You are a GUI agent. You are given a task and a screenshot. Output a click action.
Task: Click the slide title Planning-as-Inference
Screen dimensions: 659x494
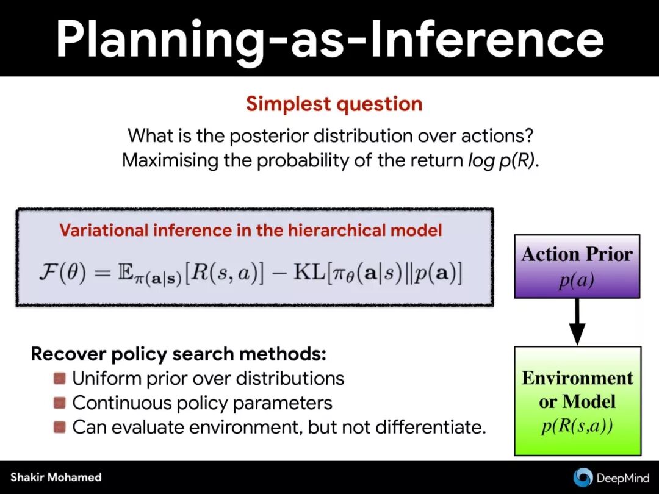click(330, 39)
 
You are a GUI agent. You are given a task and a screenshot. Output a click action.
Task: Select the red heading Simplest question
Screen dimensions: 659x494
click(334, 104)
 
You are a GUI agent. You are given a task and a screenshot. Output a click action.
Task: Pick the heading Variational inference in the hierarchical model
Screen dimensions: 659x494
click(251, 230)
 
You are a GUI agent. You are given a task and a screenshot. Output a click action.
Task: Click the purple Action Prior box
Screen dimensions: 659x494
click(577, 267)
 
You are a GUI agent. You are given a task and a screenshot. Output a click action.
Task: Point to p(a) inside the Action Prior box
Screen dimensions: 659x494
click(577, 280)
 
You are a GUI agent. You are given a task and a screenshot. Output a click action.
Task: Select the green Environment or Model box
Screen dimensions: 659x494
click(578, 401)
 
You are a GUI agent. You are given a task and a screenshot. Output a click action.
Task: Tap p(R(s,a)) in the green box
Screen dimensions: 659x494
click(577, 426)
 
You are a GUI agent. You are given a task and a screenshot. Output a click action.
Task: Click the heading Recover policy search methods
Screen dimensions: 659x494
click(179, 354)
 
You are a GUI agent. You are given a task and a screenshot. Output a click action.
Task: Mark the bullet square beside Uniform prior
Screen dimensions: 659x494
click(60, 379)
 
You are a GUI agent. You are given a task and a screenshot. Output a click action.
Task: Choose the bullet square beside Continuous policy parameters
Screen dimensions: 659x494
click(60, 403)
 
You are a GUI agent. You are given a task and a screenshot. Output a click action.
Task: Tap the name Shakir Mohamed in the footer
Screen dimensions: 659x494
click(56, 477)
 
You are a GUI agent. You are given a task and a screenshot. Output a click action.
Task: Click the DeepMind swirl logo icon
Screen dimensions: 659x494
click(583, 477)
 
